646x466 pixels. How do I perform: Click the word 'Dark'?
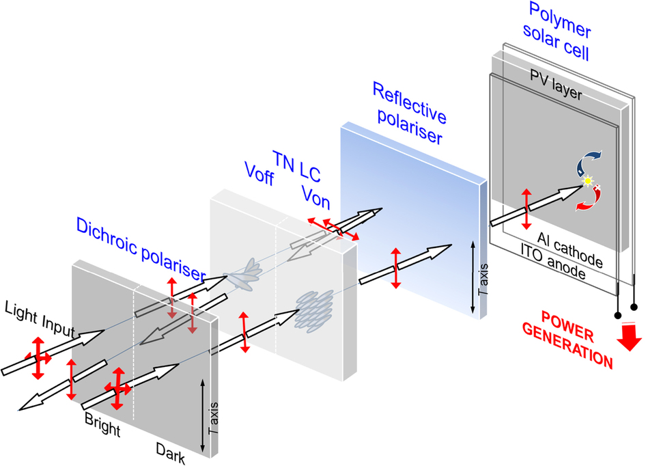pyautogui.click(x=170, y=452)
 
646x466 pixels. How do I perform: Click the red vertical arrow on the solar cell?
pyautogui.click(x=525, y=210)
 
